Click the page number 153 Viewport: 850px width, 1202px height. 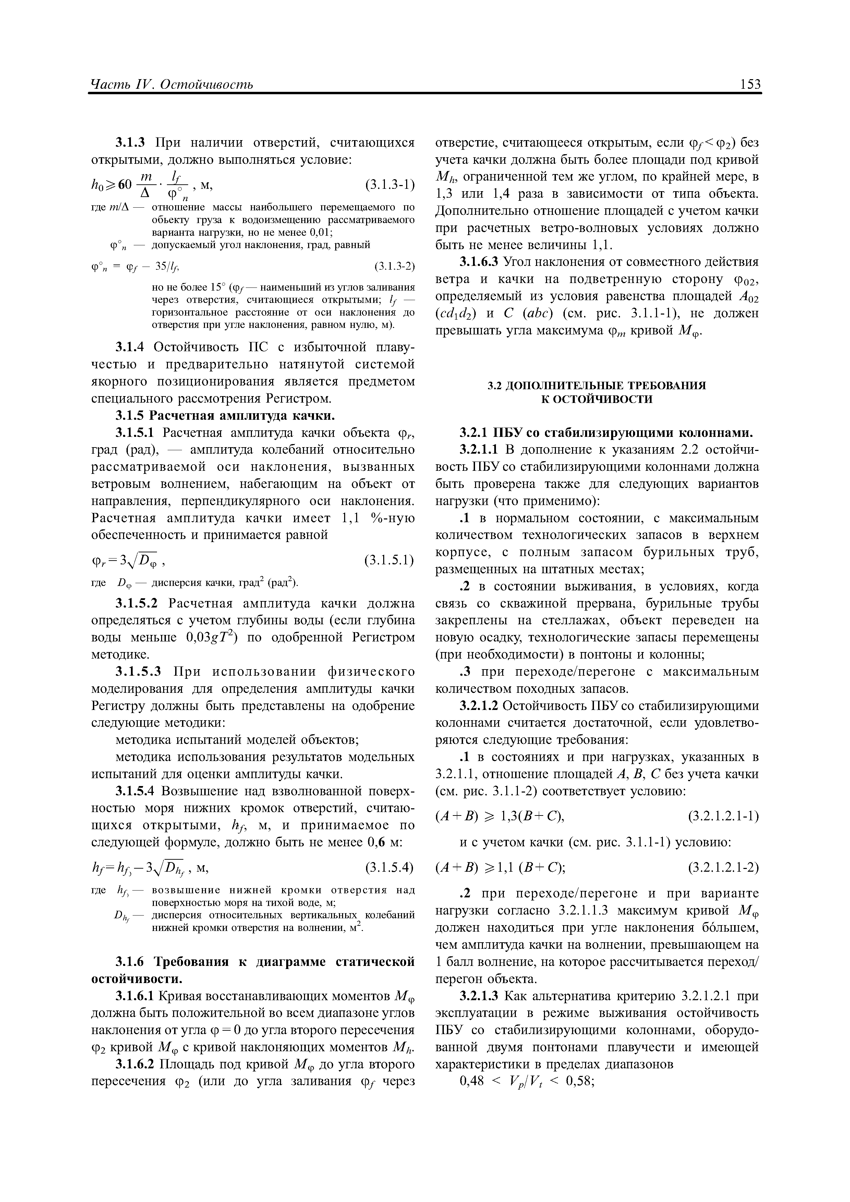click(750, 84)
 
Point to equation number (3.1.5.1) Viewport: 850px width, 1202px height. click(389, 561)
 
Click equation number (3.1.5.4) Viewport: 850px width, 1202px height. click(389, 868)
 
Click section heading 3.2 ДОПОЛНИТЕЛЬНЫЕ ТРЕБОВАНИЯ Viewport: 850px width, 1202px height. click(596, 385)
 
